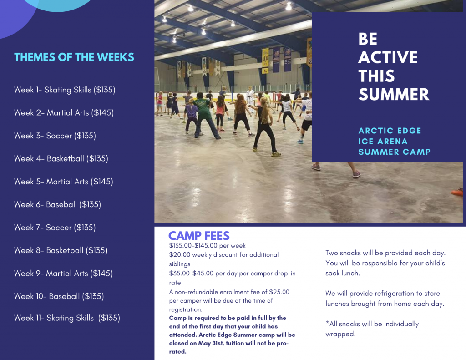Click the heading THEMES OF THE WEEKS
pos(74,57)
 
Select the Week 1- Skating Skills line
pos(65,90)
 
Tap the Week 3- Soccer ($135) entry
pos(55,136)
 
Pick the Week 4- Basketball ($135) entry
pos(61,158)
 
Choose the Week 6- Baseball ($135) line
pos(57,204)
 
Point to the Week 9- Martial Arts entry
pos(63,273)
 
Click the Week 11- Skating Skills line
pos(67,318)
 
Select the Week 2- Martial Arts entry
pos(64,112)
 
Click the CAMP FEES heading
pos(199,236)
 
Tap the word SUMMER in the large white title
pos(394,94)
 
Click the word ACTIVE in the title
pos(388,57)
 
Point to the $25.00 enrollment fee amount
pos(279,292)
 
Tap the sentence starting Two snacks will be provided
pos(385,253)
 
